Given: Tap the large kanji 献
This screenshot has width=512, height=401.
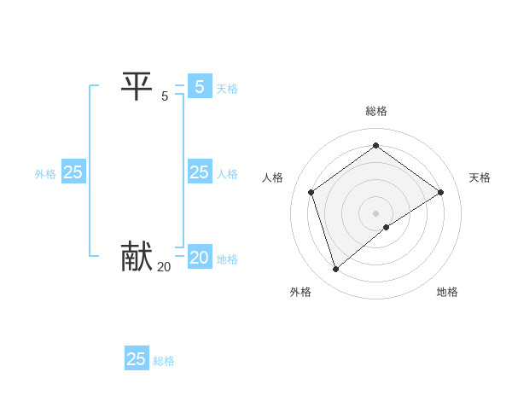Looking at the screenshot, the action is tap(137, 256).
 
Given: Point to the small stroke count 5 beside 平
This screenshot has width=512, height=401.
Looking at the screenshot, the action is tap(165, 96).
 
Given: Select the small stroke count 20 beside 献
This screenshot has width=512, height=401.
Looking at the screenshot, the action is tap(164, 266).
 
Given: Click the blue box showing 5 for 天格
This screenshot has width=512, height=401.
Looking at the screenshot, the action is tap(199, 87).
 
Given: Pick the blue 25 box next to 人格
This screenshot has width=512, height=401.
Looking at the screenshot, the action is tap(199, 172).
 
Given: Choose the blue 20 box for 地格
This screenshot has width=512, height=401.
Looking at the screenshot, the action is tap(199, 258).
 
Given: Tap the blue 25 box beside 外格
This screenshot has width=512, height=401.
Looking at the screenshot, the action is tap(73, 172).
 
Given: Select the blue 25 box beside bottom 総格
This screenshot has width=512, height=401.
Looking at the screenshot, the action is tap(137, 359).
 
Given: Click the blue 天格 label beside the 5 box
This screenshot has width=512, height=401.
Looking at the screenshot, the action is tap(227, 89).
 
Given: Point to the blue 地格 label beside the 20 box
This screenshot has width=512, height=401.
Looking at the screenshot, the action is tap(227, 259).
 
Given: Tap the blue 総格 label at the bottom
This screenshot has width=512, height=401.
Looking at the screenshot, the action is tap(164, 361).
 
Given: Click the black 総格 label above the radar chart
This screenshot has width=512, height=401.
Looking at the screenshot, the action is tap(375, 111).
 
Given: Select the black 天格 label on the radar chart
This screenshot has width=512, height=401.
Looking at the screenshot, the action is tap(480, 177).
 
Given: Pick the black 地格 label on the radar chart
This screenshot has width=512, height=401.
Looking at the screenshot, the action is tap(447, 292).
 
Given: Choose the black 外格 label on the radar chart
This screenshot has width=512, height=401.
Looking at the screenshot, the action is tap(300, 292).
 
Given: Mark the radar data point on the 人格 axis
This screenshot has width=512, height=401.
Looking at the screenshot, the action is tap(311, 192).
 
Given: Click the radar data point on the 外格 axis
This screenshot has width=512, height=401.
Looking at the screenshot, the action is tap(336, 270).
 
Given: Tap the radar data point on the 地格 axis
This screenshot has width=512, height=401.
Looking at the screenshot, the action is tap(387, 227).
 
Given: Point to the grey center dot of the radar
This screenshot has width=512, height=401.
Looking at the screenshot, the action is tap(375, 212).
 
